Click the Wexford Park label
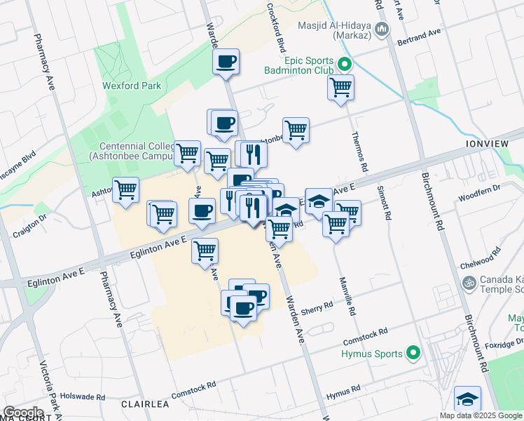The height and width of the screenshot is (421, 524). coord(132,86)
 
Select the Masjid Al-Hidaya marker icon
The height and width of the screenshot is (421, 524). coord(382,29)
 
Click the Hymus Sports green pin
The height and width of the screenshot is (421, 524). coord(413,354)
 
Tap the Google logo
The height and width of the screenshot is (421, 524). coord(24,413)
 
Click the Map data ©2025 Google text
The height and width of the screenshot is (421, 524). coord(481,415)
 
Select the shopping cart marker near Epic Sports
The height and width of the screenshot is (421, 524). coord(340,88)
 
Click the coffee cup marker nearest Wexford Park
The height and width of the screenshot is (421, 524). coord(226,62)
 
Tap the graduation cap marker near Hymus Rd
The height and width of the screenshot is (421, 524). coord(467,399)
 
